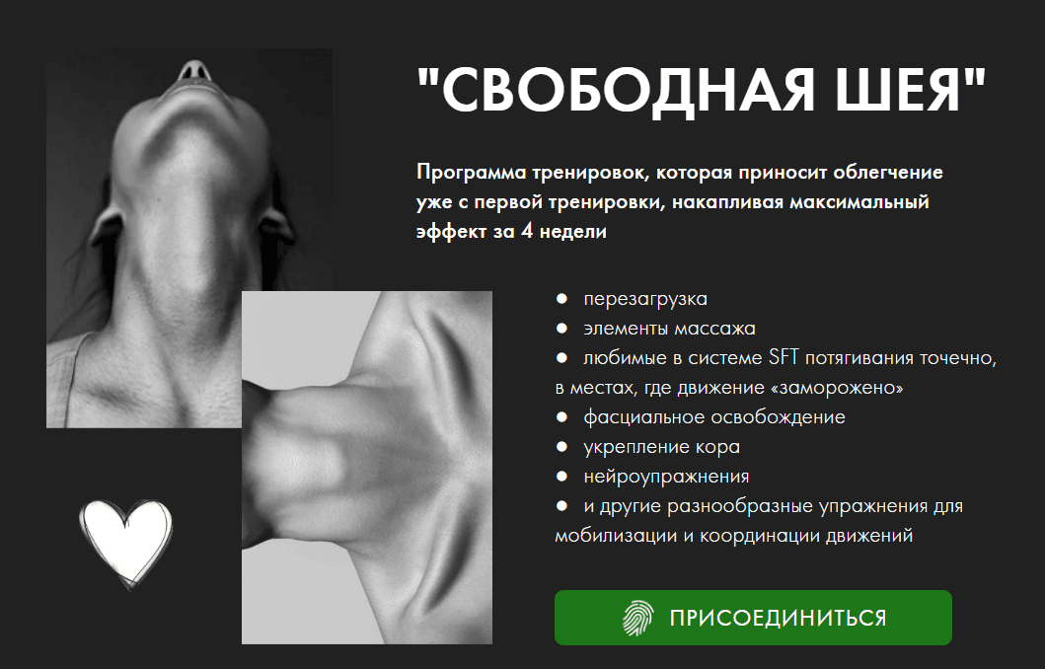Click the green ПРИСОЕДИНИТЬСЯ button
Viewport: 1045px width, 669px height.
click(753, 618)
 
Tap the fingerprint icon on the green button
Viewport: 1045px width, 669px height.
click(637, 618)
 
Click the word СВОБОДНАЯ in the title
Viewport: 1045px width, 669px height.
click(628, 91)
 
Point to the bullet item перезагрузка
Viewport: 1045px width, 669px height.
click(645, 299)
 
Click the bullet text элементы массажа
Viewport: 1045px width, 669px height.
click(669, 329)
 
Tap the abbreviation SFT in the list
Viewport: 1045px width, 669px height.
click(784, 358)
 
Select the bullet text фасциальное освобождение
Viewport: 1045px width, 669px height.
click(714, 417)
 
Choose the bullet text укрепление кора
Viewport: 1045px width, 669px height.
click(662, 446)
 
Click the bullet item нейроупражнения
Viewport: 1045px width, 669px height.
click(666, 477)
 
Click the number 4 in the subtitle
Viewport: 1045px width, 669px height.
click(527, 231)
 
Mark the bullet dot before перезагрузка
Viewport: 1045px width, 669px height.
click(561, 299)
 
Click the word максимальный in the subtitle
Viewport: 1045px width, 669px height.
click(859, 202)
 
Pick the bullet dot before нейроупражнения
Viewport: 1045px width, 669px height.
click(561, 477)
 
